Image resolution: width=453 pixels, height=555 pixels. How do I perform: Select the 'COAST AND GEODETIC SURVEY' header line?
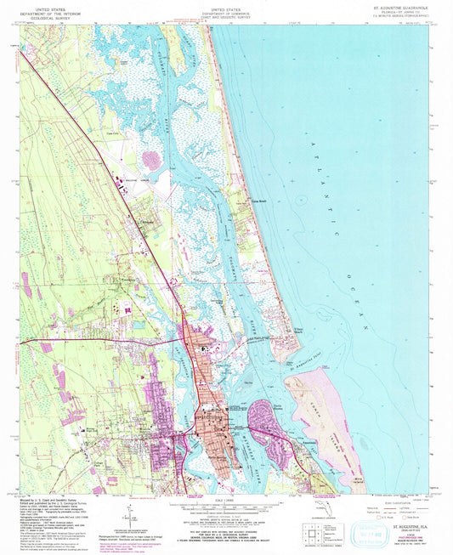[226, 18]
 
